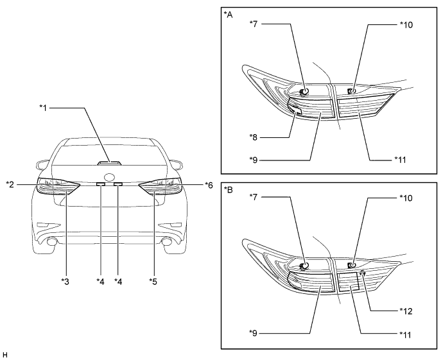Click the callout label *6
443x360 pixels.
point(209,185)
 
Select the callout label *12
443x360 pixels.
point(406,311)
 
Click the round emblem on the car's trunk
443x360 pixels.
point(110,176)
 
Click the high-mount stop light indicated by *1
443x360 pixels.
point(110,164)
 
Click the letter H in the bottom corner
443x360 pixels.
point(5,354)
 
